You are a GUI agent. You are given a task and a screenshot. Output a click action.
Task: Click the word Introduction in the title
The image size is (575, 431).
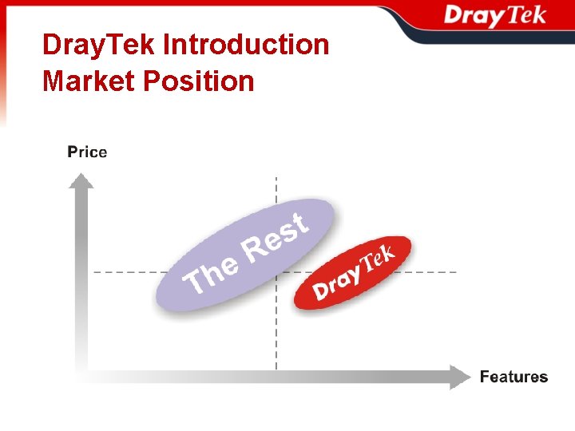[x=245, y=45]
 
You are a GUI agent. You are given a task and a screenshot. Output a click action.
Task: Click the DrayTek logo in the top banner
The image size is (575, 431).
[x=494, y=17]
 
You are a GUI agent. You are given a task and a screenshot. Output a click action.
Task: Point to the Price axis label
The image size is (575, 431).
[x=87, y=152]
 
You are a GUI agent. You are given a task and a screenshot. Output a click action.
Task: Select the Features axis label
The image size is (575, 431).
[x=514, y=377]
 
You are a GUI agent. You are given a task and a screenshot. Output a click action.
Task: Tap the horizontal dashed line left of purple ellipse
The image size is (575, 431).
[x=124, y=272]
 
